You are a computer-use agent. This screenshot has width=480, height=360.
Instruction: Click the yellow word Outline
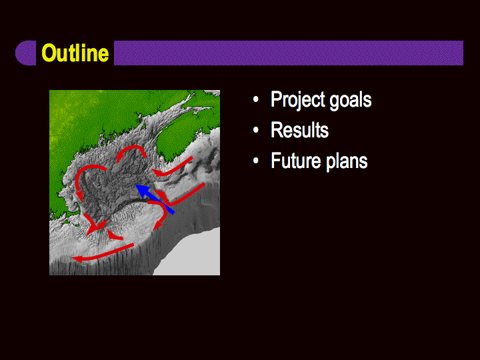[75, 53]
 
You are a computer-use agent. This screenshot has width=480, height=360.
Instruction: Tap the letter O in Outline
[49, 53]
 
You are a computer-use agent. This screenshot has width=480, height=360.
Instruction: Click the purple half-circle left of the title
[26, 53]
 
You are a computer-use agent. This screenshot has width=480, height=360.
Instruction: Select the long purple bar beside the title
[289, 53]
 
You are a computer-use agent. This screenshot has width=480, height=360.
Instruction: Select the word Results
[299, 130]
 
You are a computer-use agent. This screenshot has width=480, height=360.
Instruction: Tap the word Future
[296, 161]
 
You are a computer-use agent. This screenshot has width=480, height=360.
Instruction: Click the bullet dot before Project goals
[256, 100]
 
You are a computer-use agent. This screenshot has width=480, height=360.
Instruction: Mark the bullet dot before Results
[256, 130]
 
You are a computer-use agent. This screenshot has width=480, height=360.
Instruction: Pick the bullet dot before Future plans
[256, 161]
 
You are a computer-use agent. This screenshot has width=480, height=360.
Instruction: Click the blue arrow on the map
[155, 199]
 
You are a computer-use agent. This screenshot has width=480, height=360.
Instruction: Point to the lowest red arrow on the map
[103, 253]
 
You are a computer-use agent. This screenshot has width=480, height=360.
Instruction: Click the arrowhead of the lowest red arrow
[77, 259]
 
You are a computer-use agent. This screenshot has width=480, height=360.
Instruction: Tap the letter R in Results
[277, 130]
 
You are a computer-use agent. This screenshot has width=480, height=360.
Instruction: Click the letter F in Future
[276, 161]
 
